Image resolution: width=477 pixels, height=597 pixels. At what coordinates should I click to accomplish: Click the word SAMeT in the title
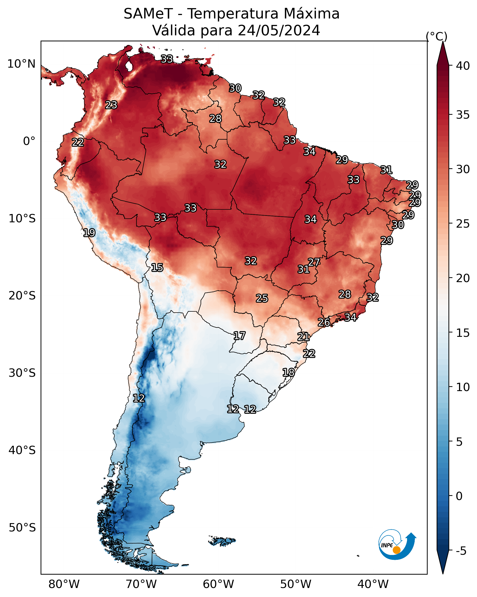point(148,14)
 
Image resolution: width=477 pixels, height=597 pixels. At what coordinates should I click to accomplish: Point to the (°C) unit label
point(437,36)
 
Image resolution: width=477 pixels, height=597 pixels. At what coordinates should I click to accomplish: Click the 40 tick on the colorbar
point(463,66)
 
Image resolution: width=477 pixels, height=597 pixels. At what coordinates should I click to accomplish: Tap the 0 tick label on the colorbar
point(459,496)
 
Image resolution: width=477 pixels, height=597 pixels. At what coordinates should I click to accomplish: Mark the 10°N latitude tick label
point(21,64)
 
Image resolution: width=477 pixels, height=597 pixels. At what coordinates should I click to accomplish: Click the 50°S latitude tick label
point(22,528)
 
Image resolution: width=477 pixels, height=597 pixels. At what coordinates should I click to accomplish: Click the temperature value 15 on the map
point(157,268)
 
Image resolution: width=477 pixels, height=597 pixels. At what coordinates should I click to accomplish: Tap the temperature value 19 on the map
point(89,233)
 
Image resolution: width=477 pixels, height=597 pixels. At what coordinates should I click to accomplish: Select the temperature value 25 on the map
point(262,298)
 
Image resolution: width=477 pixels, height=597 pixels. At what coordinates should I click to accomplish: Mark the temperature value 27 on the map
point(314,262)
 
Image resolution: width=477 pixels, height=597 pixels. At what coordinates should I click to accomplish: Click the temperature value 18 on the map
point(288,372)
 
